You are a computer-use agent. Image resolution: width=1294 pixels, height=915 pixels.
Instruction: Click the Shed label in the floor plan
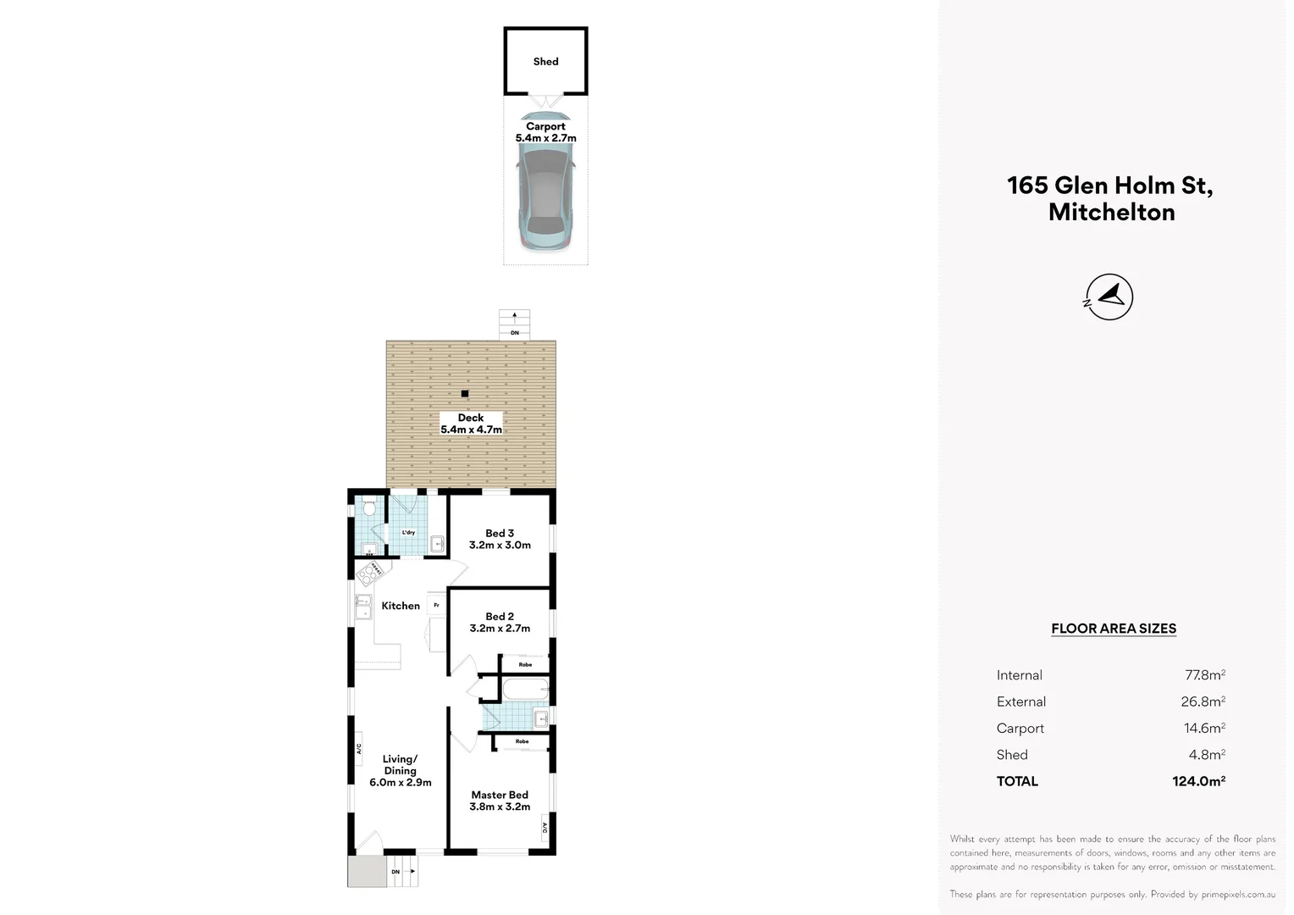545,62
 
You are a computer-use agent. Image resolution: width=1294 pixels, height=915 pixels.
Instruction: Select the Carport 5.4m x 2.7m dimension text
545,132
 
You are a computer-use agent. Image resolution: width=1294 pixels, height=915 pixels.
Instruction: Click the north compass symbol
1109,297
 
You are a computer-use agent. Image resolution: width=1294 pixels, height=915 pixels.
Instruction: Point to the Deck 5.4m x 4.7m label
471,424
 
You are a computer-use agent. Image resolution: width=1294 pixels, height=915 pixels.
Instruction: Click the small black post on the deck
465,394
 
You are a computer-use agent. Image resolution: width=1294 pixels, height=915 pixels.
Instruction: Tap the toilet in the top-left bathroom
369,508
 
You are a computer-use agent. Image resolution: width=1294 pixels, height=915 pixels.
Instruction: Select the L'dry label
408,533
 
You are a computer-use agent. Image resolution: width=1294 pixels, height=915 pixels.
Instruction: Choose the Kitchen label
401,606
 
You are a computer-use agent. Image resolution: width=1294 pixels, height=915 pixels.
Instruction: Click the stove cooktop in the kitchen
369,574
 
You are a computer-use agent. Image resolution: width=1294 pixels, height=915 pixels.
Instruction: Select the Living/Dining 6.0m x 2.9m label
400,771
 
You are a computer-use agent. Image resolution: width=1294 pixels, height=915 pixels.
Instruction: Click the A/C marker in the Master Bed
545,828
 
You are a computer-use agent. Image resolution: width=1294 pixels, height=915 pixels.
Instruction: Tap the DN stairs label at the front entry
395,872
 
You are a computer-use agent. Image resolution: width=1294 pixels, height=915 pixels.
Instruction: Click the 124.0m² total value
1198,781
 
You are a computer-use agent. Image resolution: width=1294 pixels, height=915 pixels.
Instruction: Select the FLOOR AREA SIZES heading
1114,629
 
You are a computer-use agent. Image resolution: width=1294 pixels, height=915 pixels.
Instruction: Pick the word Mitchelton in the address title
1111,213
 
